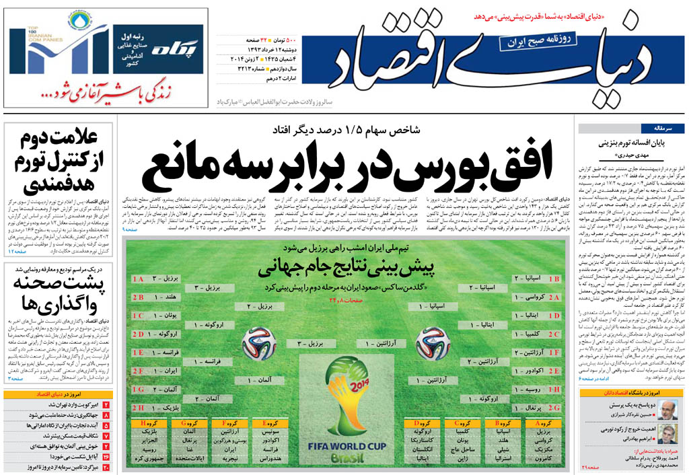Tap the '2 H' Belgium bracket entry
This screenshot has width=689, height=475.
tap(161, 408)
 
